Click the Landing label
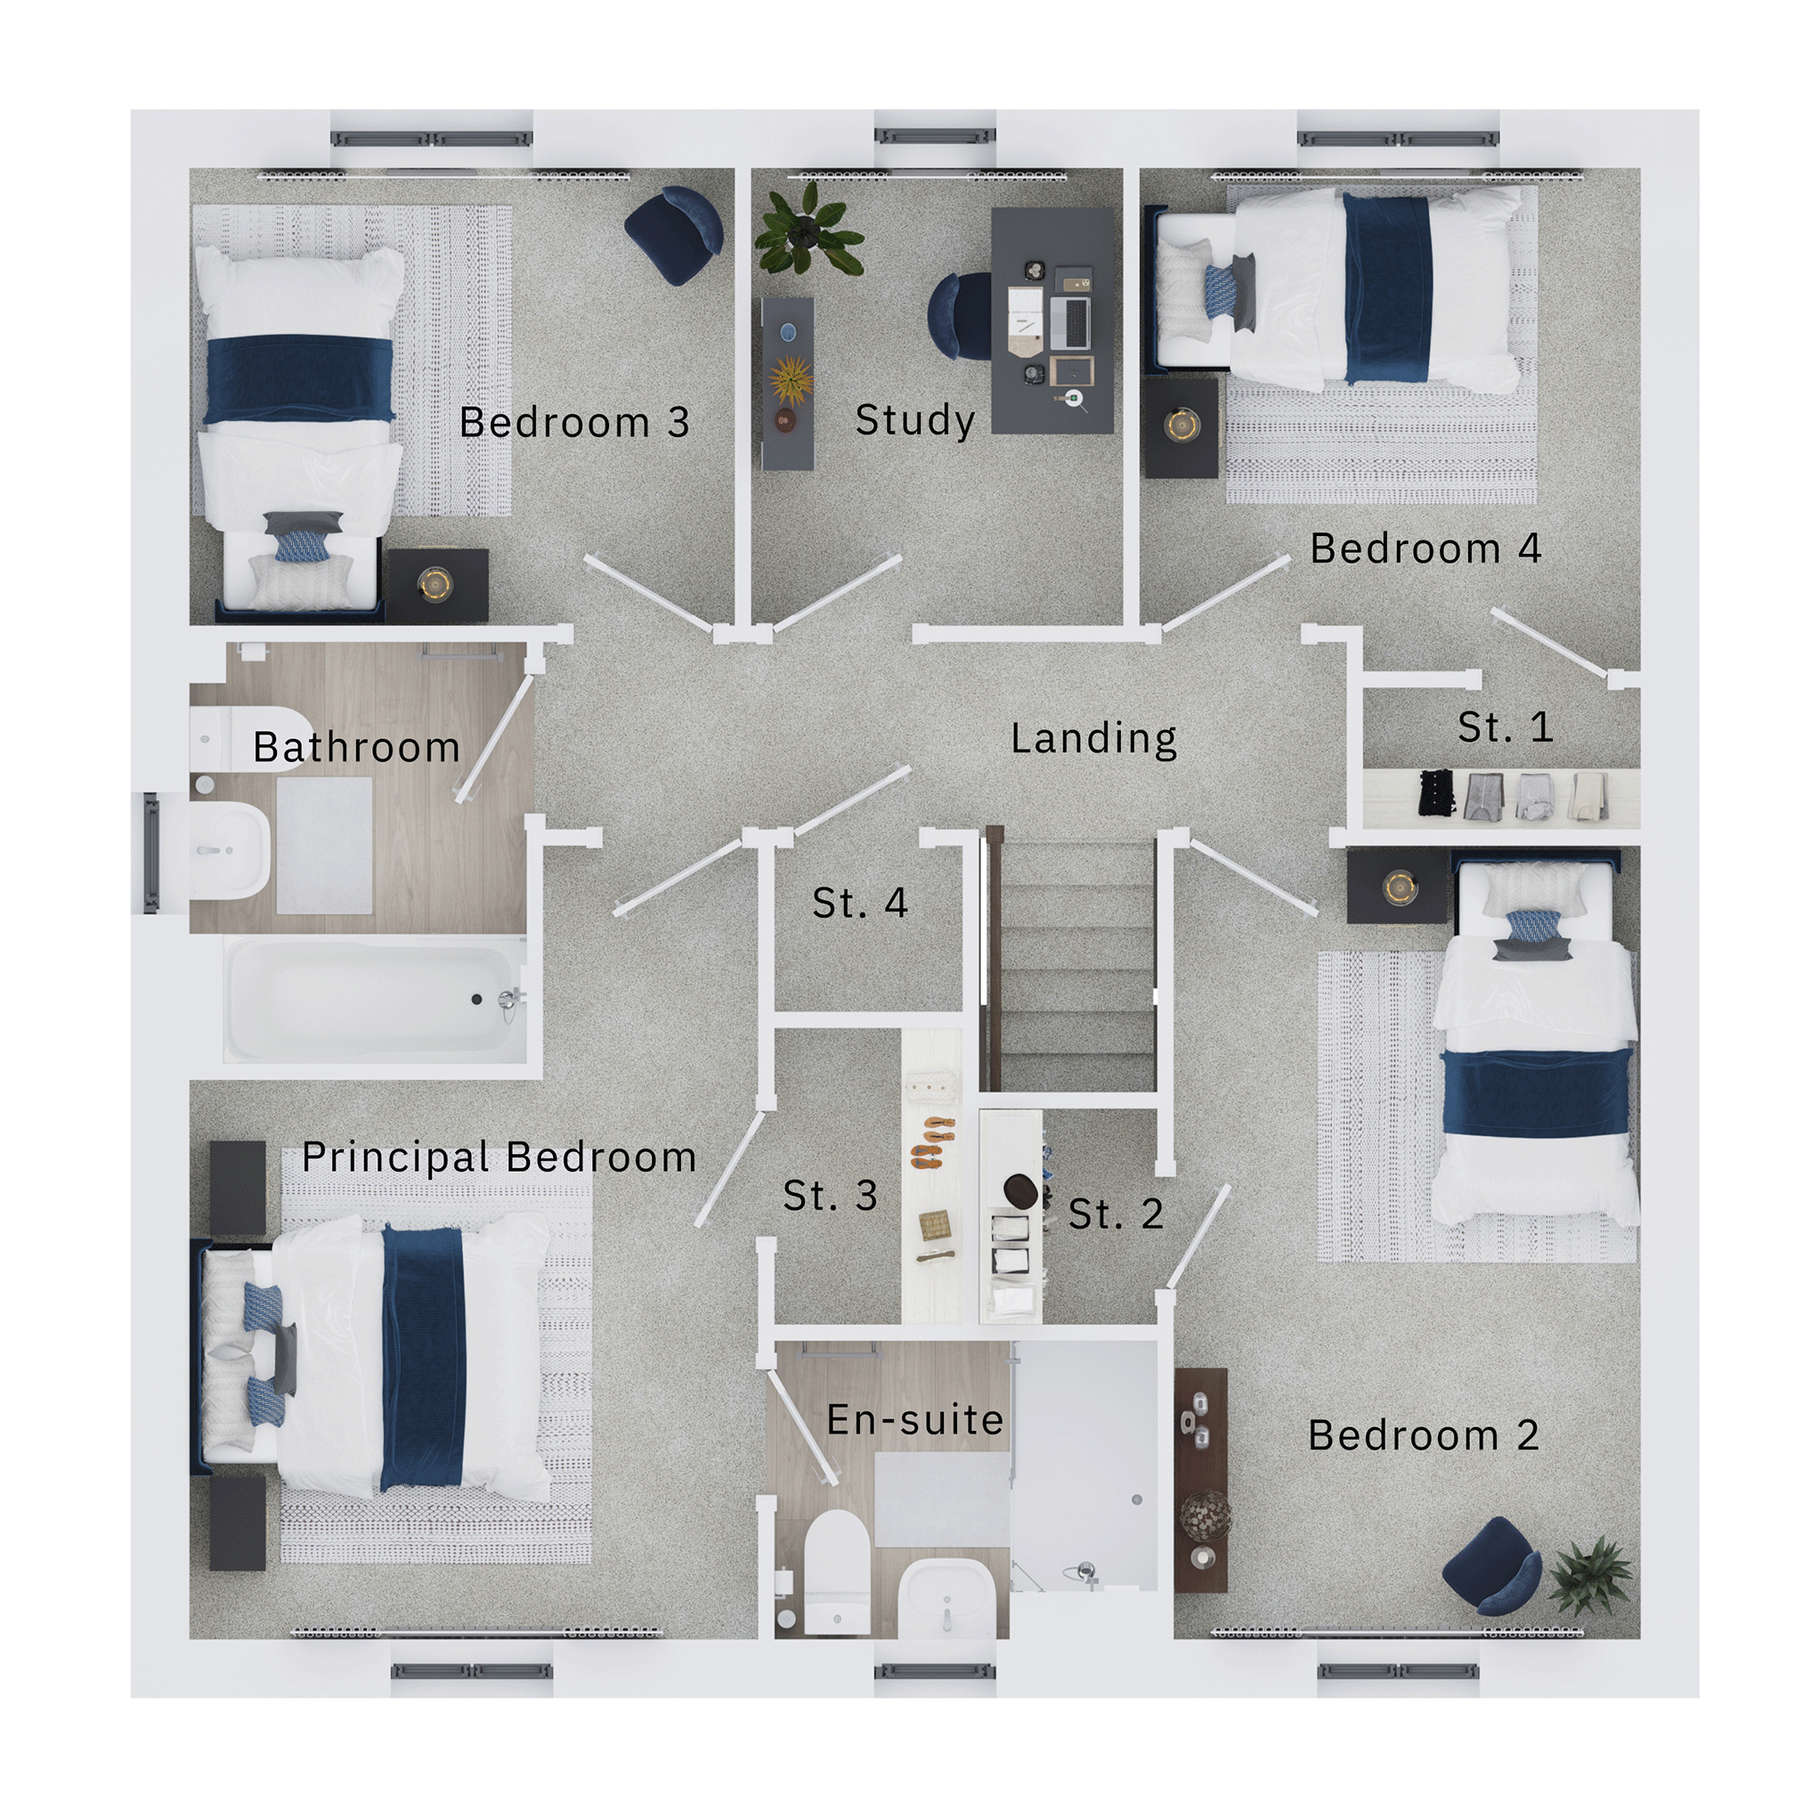pos(1093,739)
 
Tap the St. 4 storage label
pos(860,903)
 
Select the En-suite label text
pos(914,1420)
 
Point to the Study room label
pos(915,420)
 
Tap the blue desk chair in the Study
pos(959,314)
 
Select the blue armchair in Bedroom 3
pos(675,233)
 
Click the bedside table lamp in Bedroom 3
pos(435,584)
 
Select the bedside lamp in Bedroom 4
pos(1182,425)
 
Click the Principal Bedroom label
pos(499,1158)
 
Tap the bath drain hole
pos(477,1000)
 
